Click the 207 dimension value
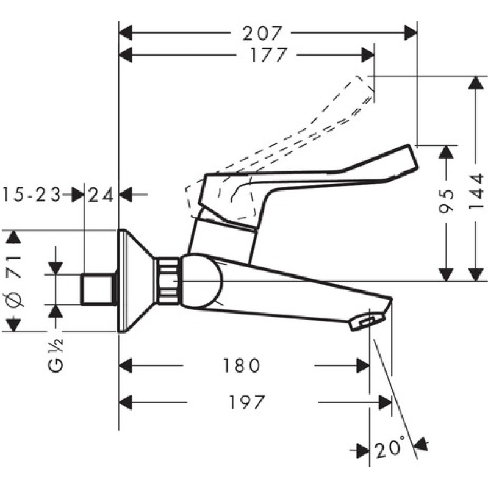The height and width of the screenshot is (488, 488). [264, 32]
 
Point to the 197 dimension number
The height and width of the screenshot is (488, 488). [248, 403]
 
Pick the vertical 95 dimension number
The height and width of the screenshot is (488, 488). [448, 201]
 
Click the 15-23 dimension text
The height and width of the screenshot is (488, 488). [32, 195]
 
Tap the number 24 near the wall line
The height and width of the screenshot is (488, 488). [101, 195]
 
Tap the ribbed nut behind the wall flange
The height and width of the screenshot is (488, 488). [168, 281]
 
